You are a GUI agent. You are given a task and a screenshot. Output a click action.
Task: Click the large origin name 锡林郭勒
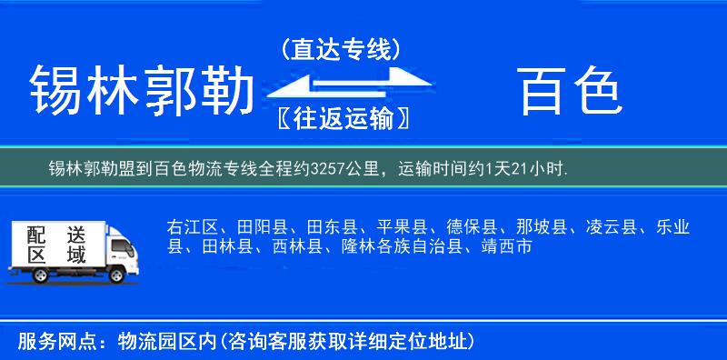(141, 91)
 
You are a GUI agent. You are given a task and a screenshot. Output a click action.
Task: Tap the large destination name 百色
(570, 91)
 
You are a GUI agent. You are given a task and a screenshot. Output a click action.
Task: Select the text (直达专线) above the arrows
(341, 48)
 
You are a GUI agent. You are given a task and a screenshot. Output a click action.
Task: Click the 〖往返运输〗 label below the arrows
(341, 118)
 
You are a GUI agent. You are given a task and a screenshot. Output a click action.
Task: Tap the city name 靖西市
(505, 245)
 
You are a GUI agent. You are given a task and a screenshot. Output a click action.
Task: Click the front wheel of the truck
(117, 275)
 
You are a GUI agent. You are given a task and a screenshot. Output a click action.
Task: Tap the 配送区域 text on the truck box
(54, 245)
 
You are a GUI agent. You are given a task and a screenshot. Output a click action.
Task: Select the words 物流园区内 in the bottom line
(163, 341)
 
